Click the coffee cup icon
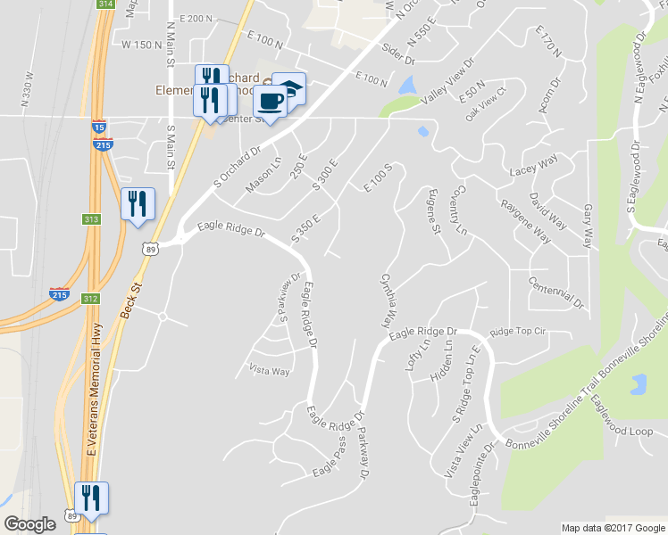pyautogui.click(x=270, y=101)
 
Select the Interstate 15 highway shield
pyautogui.click(x=97, y=128)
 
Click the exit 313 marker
pyautogui.click(x=90, y=219)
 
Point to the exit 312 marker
pyautogui.click(x=90, y=298)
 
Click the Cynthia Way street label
pyautogui.click(x=388, y=301)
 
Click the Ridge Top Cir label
pyautogui.click(x=516, y=331)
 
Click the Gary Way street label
pyautogui.click(x=587, y=226)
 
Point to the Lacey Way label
pyautogui.click(x=533, y=162)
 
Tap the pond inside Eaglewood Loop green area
pyautogui.click(x=638, y=385)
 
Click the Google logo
pyautogui.click(x=29, y=524)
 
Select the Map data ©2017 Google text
pyautogui.click(x=613, y=528)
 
